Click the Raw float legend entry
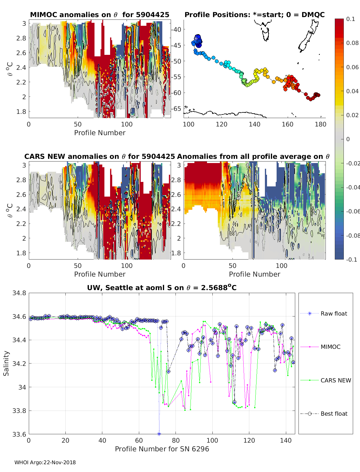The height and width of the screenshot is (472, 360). point(334,313)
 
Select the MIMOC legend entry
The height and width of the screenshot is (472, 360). point(330,347)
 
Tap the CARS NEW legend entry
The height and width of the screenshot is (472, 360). point(335,380)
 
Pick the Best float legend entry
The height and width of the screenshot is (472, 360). point(334,414)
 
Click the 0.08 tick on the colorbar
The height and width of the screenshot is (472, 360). point(352,43)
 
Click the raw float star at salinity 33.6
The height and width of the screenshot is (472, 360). point(159,434)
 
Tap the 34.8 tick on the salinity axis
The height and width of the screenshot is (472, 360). point(19,293)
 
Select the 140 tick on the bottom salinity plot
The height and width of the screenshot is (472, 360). point(286,440)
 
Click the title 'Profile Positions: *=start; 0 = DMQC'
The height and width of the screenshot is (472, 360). point(254,15)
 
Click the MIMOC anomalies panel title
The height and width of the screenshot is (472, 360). point(100,15)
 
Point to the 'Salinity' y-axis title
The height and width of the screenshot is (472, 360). point(6,363)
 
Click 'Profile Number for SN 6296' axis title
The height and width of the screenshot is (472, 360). point(162,449)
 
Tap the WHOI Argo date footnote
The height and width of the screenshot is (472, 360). point(45,462)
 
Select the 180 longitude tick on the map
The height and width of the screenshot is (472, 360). point(320,124)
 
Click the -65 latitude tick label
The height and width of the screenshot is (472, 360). point(176,108)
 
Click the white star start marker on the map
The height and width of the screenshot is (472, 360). point(196,39)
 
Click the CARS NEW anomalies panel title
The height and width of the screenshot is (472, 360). point(100,156)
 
